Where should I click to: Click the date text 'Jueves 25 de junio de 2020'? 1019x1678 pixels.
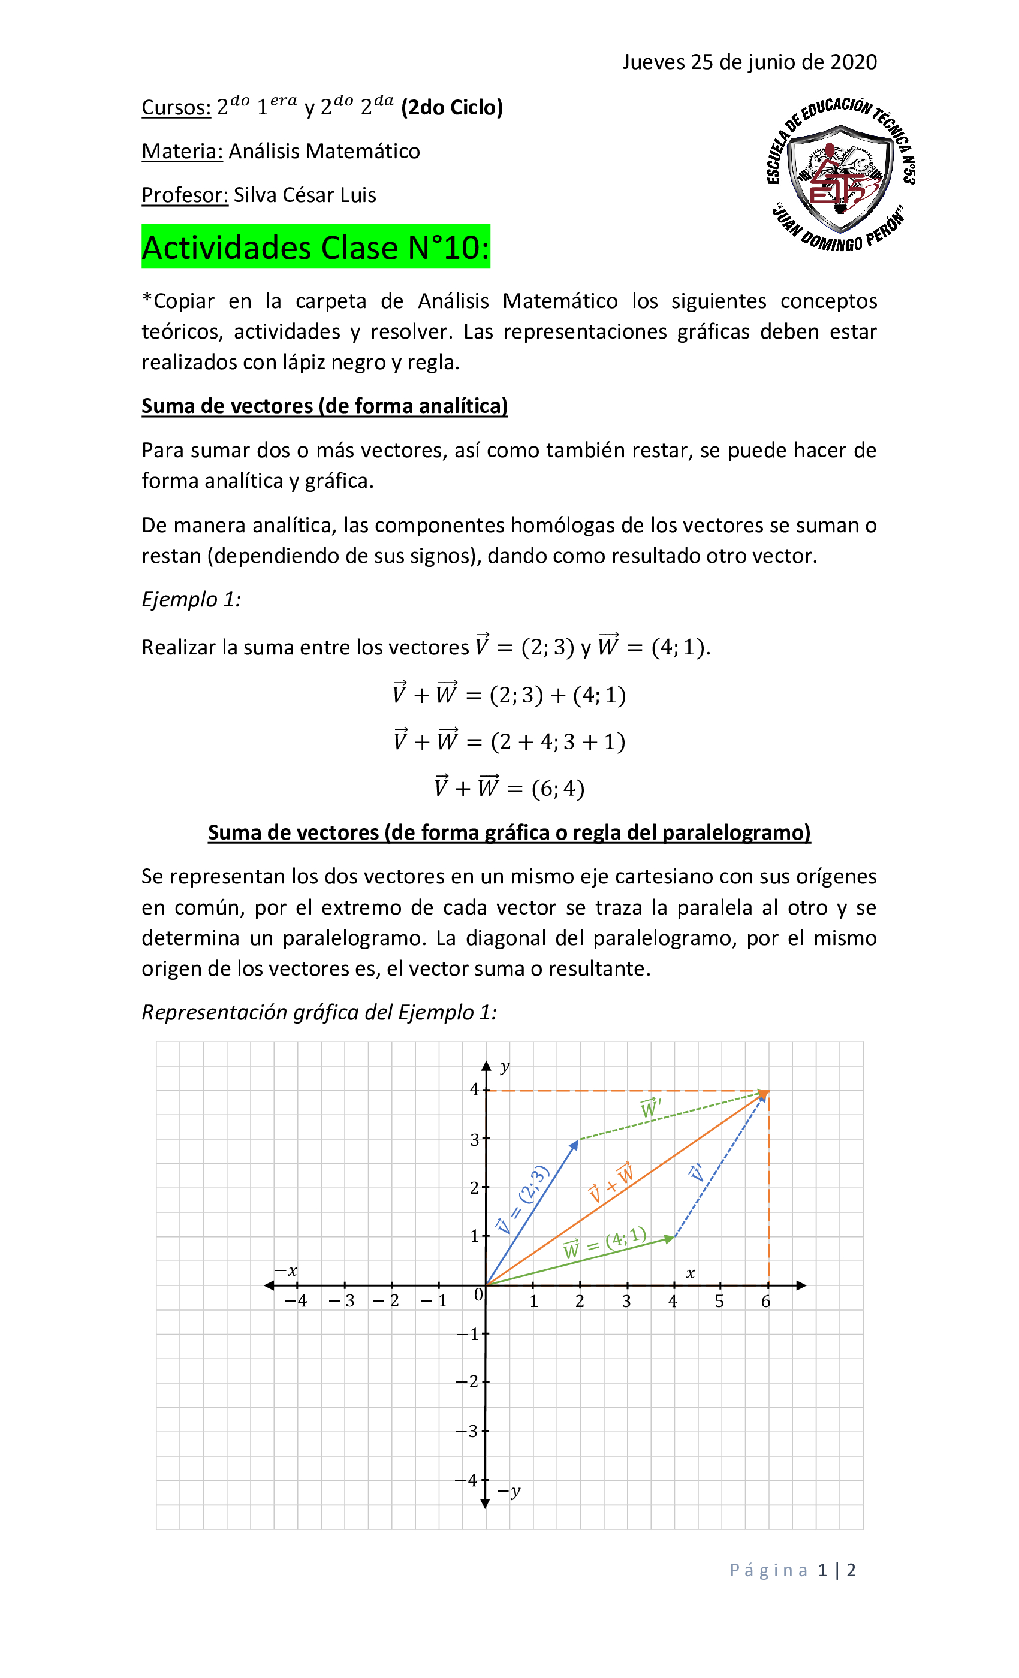click(749, 62)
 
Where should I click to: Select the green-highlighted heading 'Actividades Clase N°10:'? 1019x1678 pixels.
click(315, 247)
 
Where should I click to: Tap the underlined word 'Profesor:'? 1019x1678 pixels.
click(185, 195)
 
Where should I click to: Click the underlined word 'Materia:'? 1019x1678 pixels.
click(182, 151)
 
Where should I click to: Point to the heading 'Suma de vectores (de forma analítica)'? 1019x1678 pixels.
click(324, 406)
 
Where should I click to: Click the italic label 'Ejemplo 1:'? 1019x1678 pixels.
click(191, 599)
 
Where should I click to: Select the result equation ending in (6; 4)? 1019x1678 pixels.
click(509, 788)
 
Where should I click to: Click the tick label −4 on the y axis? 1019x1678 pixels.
click(468, 1480)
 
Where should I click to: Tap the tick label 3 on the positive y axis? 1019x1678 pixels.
click(475, 1140)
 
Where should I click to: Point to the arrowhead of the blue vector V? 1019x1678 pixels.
click(575, 1144)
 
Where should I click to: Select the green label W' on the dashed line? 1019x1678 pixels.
click(650, 1109)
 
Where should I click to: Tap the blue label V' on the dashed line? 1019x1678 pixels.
click(695, 1173)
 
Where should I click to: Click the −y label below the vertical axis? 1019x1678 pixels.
click(509, 1492)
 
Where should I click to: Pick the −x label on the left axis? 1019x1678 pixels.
click(286, 1270)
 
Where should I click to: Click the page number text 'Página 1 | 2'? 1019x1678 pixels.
click(792, 1570)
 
